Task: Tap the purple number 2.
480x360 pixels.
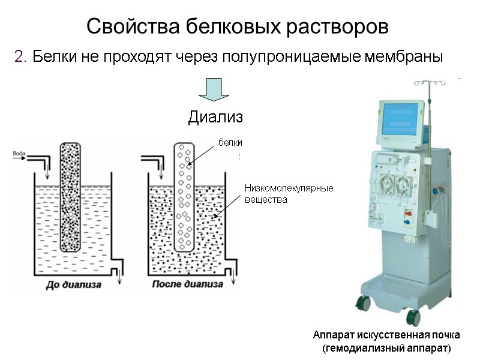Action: [x=20, y=58]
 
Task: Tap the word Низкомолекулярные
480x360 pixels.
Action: [x=288, y=188]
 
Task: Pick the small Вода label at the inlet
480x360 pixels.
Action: [x=19, y=154]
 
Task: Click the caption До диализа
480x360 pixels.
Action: [x=73, y=284]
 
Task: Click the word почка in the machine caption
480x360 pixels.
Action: [x=444, y=335]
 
